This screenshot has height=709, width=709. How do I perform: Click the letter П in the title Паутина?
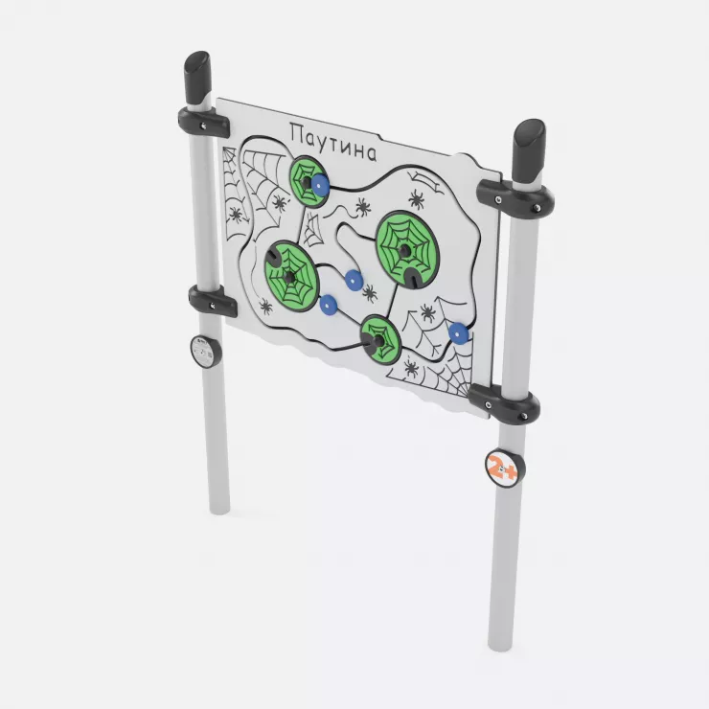298,131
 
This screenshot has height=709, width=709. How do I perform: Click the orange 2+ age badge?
505,468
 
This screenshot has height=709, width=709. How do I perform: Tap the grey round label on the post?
206,352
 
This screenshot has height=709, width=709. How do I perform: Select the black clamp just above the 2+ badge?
504,402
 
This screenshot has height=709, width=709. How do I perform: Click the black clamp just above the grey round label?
212,300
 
